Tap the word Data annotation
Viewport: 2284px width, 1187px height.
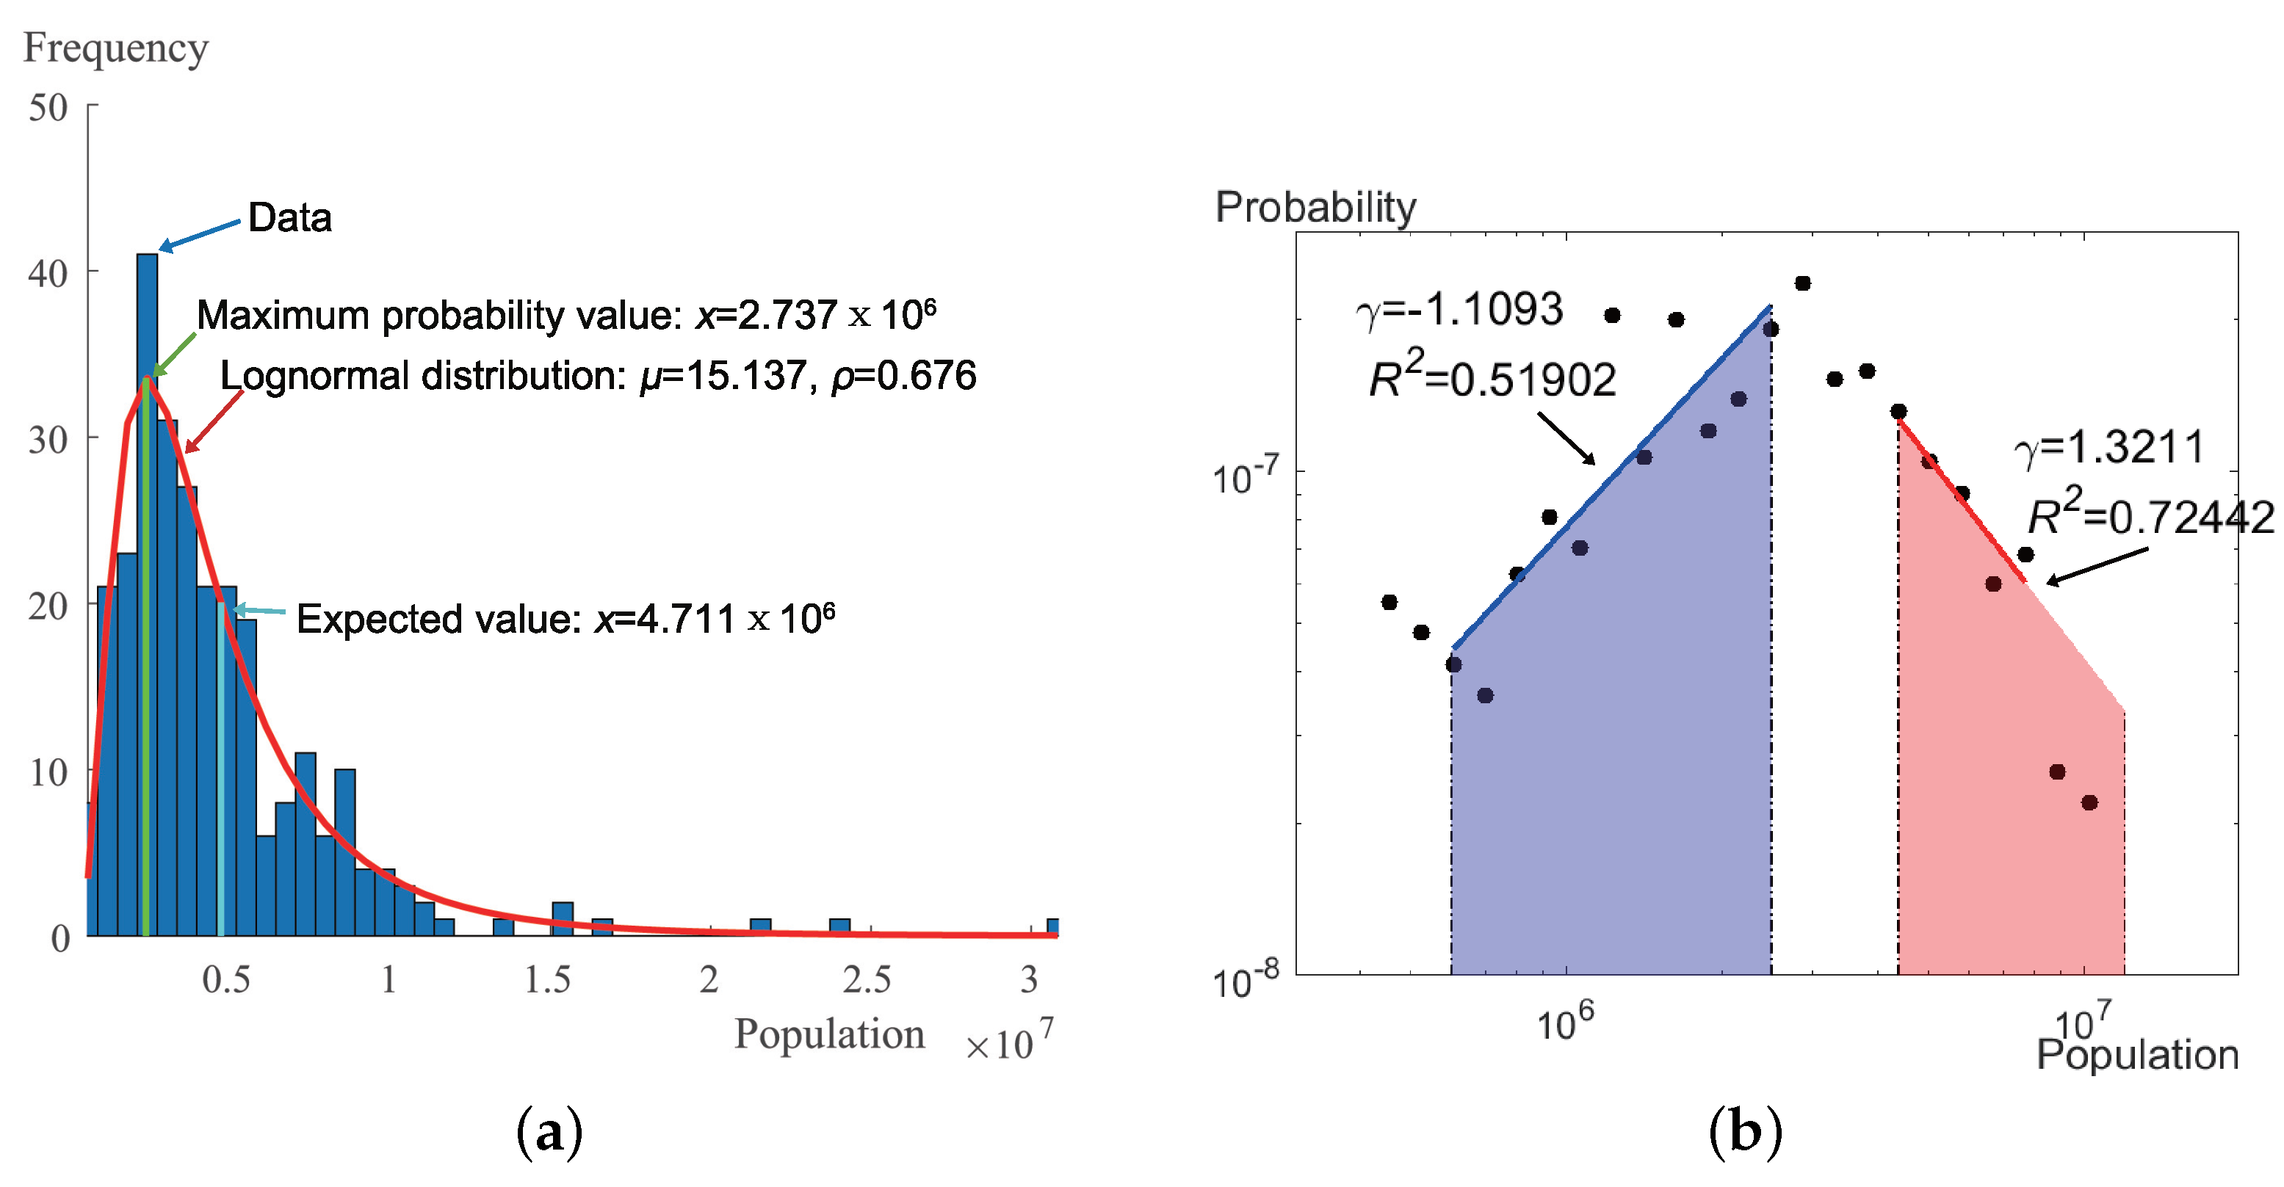click(289, 218)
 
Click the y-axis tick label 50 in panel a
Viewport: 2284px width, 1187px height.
click(48, 108)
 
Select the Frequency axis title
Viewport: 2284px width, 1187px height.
click(115, 48)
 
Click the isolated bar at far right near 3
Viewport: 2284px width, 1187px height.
click(1052, 927)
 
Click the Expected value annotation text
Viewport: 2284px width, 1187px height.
click(565, 619)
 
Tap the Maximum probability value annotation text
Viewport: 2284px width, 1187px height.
click(565, 316)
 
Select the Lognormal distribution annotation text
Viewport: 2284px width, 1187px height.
click(598, 376)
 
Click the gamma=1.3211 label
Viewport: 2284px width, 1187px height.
click(2108, 447)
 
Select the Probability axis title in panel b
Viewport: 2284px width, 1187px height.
click(1315, 208)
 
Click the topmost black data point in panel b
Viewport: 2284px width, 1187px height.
click(1802, 283)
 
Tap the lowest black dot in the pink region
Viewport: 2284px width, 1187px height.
click(2089, 803)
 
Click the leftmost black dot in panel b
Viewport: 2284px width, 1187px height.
click(1389, 603)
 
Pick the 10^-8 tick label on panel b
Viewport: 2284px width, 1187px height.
click(1245, 981)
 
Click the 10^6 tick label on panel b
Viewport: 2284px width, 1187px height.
click(1564, 1022)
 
